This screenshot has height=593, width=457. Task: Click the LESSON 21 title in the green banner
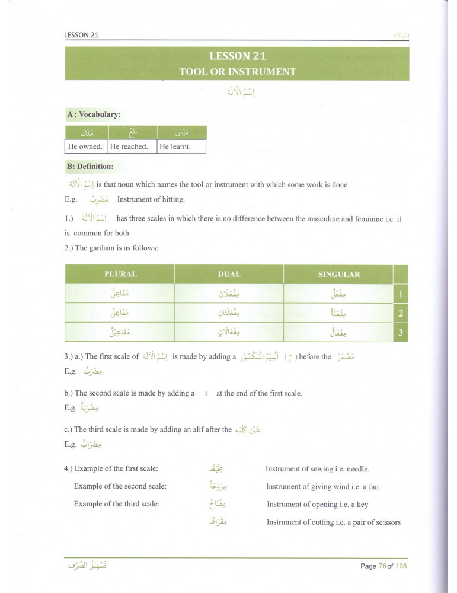pos(237,56)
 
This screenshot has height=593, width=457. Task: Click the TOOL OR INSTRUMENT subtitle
pos(237,72)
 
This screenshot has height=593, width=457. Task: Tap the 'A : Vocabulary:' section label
pos(94,114)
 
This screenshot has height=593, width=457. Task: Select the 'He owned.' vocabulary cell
pos(85,146)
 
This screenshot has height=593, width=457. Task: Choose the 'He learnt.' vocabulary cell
pos(175,146)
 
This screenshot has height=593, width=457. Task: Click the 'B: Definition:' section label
pos(91,167)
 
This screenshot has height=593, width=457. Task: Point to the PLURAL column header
pos(120,274)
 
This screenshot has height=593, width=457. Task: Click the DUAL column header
pos(229,274)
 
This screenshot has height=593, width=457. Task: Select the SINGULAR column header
pos(339,274)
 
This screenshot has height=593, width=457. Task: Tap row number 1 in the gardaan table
pos(401,293)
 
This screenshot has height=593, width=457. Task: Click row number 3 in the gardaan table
pos(401,332)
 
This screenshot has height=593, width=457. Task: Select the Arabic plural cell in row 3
pos(120,332)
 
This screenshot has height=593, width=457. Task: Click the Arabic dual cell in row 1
pos(229,293)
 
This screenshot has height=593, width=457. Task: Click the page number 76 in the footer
pos(382,566)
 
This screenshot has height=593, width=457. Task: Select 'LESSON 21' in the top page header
pos(81,35)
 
